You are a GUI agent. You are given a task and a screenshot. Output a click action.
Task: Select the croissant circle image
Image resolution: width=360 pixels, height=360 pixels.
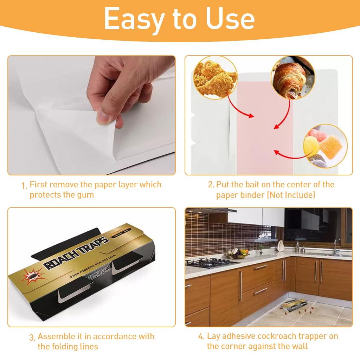pos(292,78)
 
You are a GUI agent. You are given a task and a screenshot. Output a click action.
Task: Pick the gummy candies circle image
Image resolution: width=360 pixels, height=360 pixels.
pos(325,146)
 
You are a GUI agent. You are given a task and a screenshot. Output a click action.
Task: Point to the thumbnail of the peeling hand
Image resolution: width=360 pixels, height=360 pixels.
pos(91,115)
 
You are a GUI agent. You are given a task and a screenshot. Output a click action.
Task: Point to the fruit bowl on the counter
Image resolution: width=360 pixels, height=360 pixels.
pos(239,253)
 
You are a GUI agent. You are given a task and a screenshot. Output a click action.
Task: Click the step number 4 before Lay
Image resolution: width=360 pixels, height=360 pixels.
pos(201,337)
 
